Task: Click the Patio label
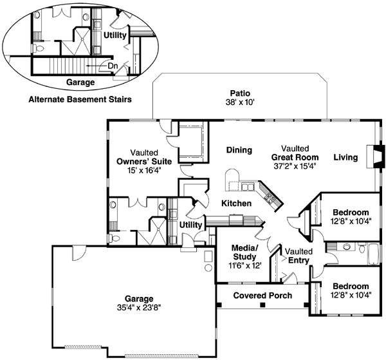click(240, 93)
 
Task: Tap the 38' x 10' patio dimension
click(240, 102)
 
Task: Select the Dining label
click(239, 150)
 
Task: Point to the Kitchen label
click(236, 204)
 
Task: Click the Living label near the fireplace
click(345, 157)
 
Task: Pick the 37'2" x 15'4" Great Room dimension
click(295, 166)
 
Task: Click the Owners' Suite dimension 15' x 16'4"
click(144, 170)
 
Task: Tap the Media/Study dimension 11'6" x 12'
click(244, 265)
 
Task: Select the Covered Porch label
click(262, 295)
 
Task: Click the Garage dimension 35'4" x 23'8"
click(139, 307)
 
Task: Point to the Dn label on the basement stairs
click(113, 66)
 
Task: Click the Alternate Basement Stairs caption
click(80, 99)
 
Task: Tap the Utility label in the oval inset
click(115, 35)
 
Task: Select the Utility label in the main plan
click(190, 225)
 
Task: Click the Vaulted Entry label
click(299, 256)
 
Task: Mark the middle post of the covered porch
click(262, 305)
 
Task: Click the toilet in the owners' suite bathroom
click(114, 238)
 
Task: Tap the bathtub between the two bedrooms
click(374, 254)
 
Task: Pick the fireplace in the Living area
click(376, 156)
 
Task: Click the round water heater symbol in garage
click(208, 268)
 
